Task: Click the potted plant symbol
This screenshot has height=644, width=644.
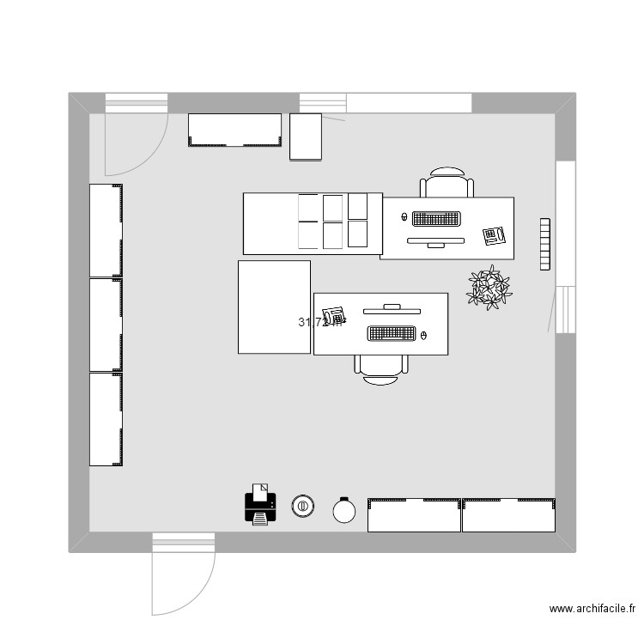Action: coord(489,288)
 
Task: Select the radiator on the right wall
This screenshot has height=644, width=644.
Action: coord(544,244)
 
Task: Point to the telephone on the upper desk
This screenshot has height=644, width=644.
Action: coord(493,234)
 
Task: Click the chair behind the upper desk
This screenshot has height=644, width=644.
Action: coord(447,183)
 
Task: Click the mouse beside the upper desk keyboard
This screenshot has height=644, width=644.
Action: coord(404,217)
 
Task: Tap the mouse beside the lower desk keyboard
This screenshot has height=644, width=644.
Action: coord(426,333)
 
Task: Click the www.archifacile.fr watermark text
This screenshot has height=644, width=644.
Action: coord(592,609)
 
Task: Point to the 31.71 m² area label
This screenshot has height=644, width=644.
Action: coord(319,323)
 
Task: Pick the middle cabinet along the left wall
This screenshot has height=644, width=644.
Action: coord(106,325)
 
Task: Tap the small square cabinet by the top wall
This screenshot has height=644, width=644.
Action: coord(305,137)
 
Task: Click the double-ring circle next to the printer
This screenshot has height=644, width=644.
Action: coord(301,507)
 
